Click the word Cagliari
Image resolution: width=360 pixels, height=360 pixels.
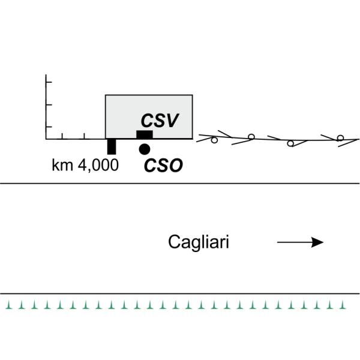tap(199, 242)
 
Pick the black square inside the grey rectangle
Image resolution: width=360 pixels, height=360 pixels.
tap(144, 134)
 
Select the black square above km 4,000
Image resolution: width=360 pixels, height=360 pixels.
tap(111, 146)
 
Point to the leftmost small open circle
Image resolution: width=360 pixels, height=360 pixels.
tap(214, 140)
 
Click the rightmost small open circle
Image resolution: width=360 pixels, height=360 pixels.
tap(340, 139)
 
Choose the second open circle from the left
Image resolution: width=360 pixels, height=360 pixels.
tap(251, 137)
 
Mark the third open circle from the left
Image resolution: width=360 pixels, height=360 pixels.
tap(290, 143)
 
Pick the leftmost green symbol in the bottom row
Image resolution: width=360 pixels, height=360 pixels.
tap(8, 305)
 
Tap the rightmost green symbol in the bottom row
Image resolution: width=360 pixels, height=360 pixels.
tap(344, 305)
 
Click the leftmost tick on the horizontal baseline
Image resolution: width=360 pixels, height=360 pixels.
tap(63, 136)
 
